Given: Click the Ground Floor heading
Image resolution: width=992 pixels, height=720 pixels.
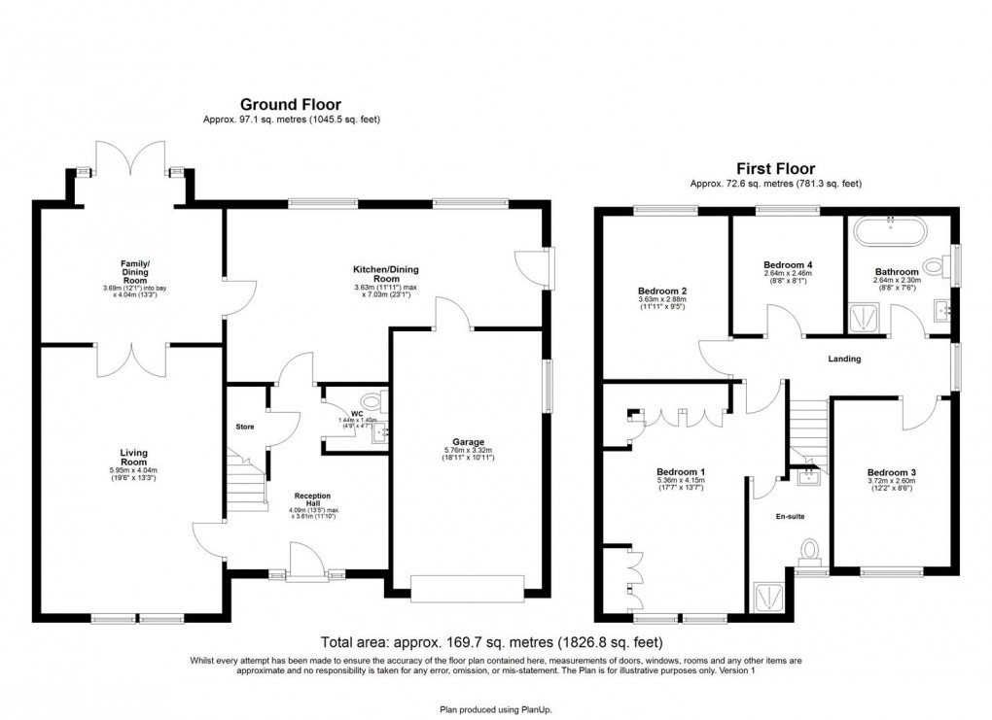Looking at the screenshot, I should [291, 104].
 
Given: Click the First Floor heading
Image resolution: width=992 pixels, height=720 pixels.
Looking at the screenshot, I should [775, 168].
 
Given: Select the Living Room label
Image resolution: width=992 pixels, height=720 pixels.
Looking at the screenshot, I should [133, 457].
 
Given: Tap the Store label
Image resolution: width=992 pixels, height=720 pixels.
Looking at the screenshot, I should [245, 427].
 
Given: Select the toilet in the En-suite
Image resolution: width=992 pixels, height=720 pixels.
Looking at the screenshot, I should [809, 553].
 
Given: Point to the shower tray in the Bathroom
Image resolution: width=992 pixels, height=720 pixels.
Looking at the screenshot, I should [862, 316].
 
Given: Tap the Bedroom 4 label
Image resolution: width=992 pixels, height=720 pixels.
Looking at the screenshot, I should [788, 265].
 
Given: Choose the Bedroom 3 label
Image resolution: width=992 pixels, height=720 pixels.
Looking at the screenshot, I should [892, 474].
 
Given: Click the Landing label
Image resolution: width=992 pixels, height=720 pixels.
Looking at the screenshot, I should [843, 359].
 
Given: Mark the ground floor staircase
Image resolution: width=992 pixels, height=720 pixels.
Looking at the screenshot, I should [247, 482].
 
